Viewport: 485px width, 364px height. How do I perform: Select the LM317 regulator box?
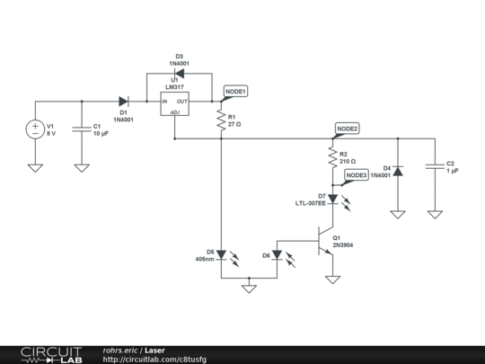[175, 104]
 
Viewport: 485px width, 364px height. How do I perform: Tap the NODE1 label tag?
[235, 92]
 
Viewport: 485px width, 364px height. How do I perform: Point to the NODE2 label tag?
[347, 129]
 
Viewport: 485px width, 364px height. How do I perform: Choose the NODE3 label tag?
[357, 175]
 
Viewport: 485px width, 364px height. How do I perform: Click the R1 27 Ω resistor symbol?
[221, 120]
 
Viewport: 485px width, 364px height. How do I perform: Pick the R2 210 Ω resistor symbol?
[333, 157]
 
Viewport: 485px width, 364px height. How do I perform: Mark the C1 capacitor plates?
[82, 129]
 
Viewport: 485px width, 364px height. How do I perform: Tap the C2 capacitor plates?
[435, 166]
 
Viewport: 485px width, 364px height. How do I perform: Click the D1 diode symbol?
[124, 102]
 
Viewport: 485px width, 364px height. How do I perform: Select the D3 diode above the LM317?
[179, 74]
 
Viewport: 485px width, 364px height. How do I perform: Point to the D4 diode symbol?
[398, 171]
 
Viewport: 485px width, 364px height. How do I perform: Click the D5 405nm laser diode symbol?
[222, 255]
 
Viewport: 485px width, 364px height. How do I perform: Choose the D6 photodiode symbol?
[277, 255]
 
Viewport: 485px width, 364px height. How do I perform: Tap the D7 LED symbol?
[333, 199]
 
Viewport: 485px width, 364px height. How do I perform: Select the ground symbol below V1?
[35, 168]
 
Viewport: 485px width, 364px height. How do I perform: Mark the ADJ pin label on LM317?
[175, 112]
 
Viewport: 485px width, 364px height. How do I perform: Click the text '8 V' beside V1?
[51, 133]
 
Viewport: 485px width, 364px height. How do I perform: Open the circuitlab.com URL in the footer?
[154, 360]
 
